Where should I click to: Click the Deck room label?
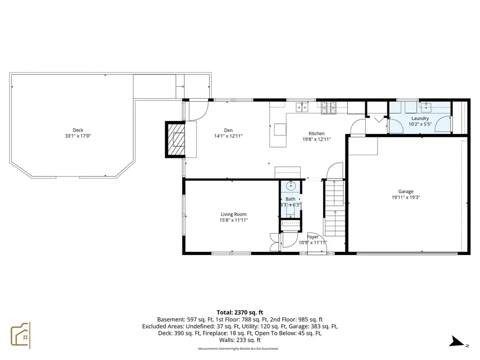point(78,130)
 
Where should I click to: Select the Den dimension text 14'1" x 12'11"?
point(228,137)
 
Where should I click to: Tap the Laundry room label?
point(420,118)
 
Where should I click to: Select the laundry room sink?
point(427,106)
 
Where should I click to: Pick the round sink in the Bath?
point(291,187)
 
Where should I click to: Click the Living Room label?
point(234,214)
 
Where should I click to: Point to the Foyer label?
point(313,237)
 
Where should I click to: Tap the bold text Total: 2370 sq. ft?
point(239,313)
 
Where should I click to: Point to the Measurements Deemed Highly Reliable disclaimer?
point(238,349)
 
